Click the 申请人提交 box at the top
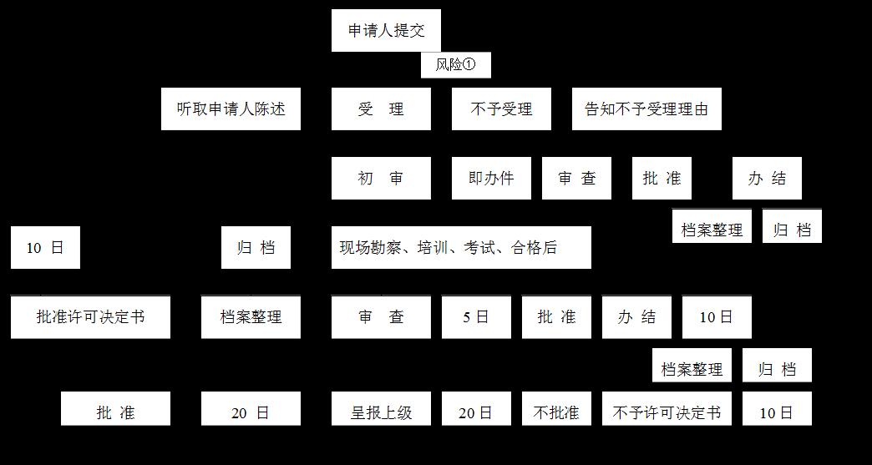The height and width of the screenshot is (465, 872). tap(385, 31)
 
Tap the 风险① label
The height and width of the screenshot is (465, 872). tap(455, 65)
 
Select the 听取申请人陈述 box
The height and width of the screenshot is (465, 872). tap(231, 109)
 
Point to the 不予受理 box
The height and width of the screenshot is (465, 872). tap(501, 109)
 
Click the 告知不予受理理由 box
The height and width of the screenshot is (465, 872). tap(646, 109)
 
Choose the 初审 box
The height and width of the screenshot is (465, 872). tap(381, 178)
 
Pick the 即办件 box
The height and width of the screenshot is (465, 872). tap(491, 178)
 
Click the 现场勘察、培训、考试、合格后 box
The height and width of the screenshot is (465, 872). tap(460, 247)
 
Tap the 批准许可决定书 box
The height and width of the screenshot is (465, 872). tap(90, 317)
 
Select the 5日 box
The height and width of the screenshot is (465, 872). tap(476, 317)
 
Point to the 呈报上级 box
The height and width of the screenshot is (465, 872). tap(381, 412)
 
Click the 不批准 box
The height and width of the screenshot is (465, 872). tap(556, 412)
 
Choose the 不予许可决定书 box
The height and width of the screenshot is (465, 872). tap(666, 412)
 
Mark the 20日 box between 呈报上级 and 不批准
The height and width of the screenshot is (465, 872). tap(476, 412)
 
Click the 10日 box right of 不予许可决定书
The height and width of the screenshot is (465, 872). tap(777, 412)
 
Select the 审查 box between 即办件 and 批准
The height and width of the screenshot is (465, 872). tap(576, 178)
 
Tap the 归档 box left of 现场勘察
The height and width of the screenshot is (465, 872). tap(256, 247)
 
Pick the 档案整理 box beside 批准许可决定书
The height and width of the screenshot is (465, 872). tap(251, 317)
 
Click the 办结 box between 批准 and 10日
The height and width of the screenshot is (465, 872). tap(636, 317)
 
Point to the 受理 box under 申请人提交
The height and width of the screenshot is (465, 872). tap(381, 109)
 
